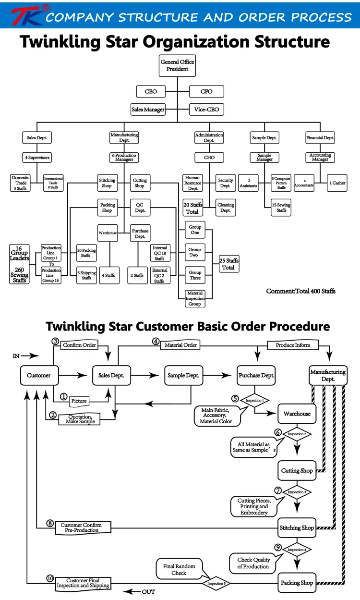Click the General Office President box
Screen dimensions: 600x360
point(177,65)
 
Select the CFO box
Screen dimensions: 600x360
point(206,91)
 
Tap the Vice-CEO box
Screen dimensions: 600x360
point(206,110)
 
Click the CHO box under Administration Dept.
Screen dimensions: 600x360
point(209,157)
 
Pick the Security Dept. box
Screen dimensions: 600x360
point(225,183)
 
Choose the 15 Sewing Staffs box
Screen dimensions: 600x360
point(281,208)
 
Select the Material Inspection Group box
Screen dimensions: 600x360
point(194,298)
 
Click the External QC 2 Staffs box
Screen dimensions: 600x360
point(159,275)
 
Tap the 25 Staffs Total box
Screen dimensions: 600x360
point(228,264)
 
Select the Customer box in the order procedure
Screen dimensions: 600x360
point(38,375)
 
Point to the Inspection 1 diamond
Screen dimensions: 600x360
point(254,400)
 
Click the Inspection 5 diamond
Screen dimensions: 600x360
point(216,584)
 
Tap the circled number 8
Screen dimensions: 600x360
point(50,524)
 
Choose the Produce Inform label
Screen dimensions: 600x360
point(293,345)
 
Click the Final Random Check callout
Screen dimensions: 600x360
point(179,569)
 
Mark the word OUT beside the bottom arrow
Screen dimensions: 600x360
point(148,592)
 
